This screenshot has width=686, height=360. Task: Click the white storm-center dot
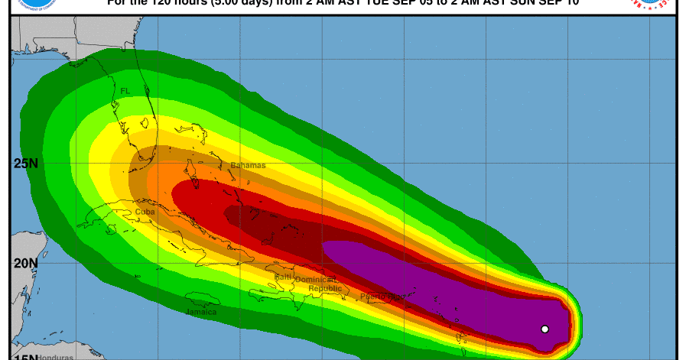click(545, 329)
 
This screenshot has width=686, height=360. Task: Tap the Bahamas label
click(248, 165)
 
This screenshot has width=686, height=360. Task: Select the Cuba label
click(145, 212)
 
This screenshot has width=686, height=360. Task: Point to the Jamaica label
click(201, 312)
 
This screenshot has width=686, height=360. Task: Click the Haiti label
click(283, 277)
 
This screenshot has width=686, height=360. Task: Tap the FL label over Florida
click(125, 91)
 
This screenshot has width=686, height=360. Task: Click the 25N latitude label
click(26, 162)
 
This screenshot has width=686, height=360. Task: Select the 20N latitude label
click(26, 262)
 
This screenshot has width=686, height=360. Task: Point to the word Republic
click(324, 289)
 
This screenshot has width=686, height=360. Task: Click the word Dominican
click(322, 281)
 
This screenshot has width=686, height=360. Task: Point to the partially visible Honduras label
click(54, 356)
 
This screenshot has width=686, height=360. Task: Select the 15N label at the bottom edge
click(26, 356)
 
